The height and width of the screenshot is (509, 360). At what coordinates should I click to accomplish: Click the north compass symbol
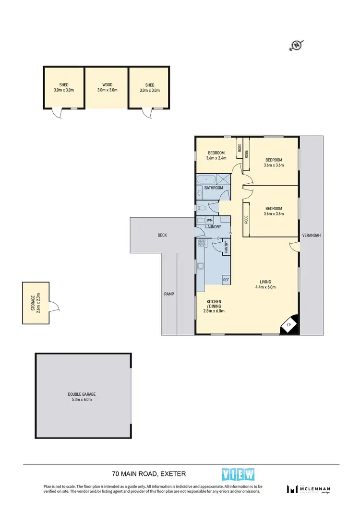coord(297,46)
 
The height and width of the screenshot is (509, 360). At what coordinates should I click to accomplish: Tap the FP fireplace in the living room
coord(289,325)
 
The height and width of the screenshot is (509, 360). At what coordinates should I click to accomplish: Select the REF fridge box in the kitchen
coord(226,280)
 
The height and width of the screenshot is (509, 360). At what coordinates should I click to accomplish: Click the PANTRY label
coord(226,247)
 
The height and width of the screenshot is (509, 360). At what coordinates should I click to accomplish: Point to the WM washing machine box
coord(209,220)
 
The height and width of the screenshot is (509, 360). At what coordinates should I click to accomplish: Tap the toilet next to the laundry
coord(202,208)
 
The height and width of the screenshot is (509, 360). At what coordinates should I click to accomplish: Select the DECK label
coord(162,235)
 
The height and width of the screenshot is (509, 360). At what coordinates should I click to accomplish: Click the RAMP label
coord(168,294)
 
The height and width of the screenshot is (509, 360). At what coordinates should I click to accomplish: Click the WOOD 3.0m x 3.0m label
coord(107,87)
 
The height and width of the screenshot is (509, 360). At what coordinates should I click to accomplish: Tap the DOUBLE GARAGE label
coord(82,396)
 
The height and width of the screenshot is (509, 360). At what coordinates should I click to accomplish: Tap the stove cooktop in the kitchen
coord(202,243)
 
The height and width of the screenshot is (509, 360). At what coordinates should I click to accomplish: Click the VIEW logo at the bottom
coord(238,474)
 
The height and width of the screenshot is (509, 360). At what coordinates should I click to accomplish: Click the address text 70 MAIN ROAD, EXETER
coord(149,474)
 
